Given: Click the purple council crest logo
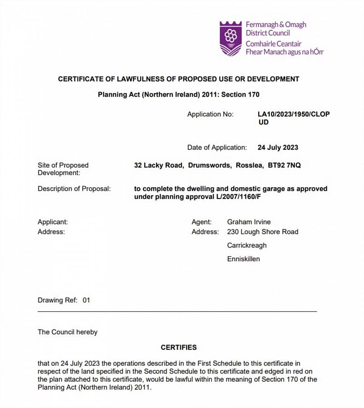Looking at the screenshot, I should tap(231, 39).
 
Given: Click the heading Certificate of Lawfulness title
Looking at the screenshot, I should tap(178, 79).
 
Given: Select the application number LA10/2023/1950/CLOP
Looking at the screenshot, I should tap(294, 114).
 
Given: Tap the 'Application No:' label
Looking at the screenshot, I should tap(210, 114).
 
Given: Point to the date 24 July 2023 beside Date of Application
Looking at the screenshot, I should tap(278, 147).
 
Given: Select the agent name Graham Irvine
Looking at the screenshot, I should tap(249, 222).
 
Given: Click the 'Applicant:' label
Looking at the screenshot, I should tap(53, 222).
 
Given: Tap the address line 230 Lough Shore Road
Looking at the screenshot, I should tap(262, 232).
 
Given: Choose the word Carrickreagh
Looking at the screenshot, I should tap(247, 245).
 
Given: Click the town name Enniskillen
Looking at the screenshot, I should tap(243, 259).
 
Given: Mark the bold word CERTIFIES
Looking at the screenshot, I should tap(178, 347).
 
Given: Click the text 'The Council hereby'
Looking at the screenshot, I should tap(68, 332).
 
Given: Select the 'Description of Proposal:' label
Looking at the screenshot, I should tap(74, 189).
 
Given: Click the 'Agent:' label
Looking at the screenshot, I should tap(202, 222).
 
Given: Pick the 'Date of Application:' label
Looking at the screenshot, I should tap(217, 147).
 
